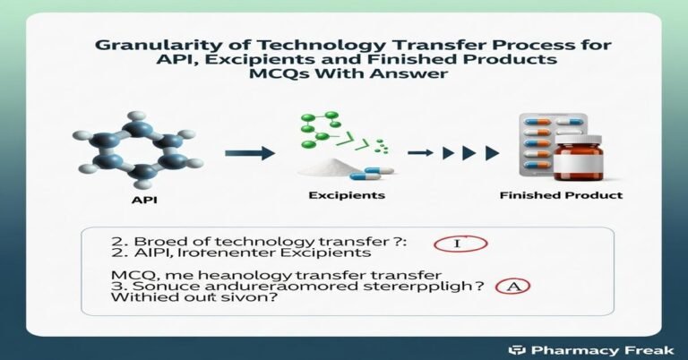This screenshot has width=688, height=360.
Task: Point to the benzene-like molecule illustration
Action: coord(131,149)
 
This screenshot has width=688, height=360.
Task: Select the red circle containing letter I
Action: coord(458,244)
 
